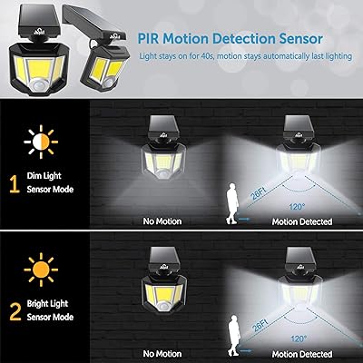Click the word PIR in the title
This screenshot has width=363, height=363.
152,40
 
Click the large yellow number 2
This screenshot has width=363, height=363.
14,313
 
